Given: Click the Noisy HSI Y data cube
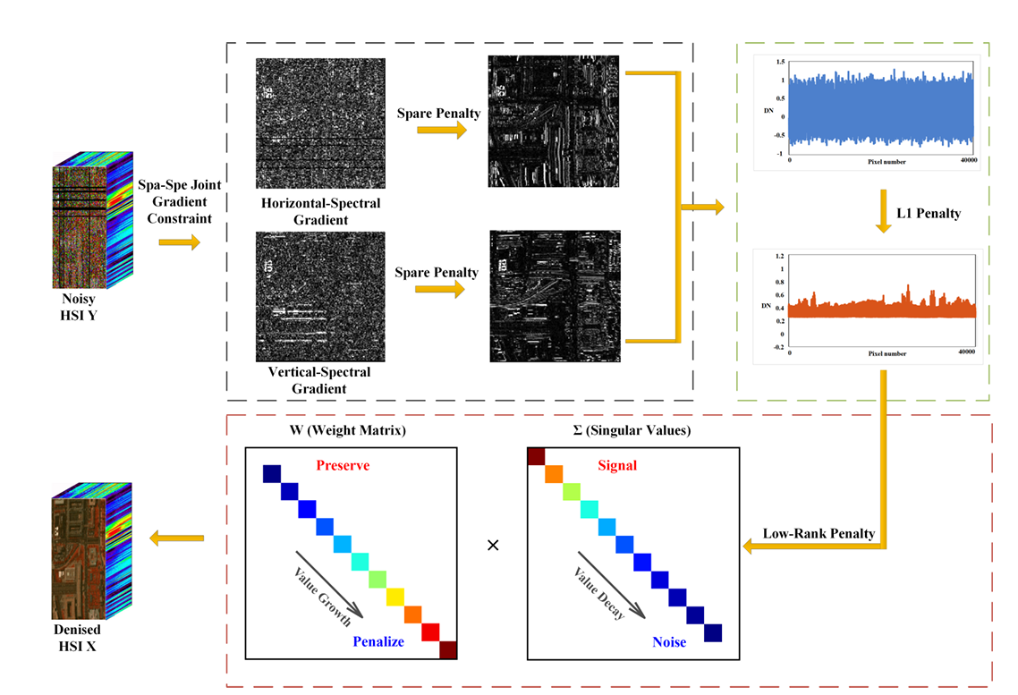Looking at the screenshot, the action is coord(93,220).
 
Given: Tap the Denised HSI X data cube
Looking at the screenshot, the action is coord(91,551).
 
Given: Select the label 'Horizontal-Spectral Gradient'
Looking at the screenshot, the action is coord(321,212).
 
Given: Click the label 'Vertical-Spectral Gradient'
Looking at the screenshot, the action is coord(318,380).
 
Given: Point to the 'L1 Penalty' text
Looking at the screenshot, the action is coord(929,214).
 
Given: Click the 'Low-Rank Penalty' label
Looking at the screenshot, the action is coord(819,533).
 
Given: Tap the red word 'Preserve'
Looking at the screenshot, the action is coord(343,465).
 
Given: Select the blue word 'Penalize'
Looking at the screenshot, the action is coord(378,641).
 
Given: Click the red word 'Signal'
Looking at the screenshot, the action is coord(617,465).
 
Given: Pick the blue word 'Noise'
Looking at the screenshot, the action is coord(669,642).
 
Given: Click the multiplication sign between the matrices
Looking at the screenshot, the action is coord(493,545).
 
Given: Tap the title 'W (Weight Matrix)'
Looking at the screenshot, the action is coord(348,430).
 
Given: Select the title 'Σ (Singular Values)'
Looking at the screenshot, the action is coord(632,430).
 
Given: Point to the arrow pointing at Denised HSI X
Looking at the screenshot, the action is coord(176,538).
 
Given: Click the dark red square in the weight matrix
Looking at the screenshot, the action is coord(448,649).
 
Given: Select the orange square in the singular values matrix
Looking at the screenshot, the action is coord(554,474).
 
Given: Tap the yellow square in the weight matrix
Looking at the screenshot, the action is coord(394,597).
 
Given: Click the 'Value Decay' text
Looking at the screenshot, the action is coord(599,592).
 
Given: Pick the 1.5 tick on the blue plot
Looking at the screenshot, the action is coord(780,62).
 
